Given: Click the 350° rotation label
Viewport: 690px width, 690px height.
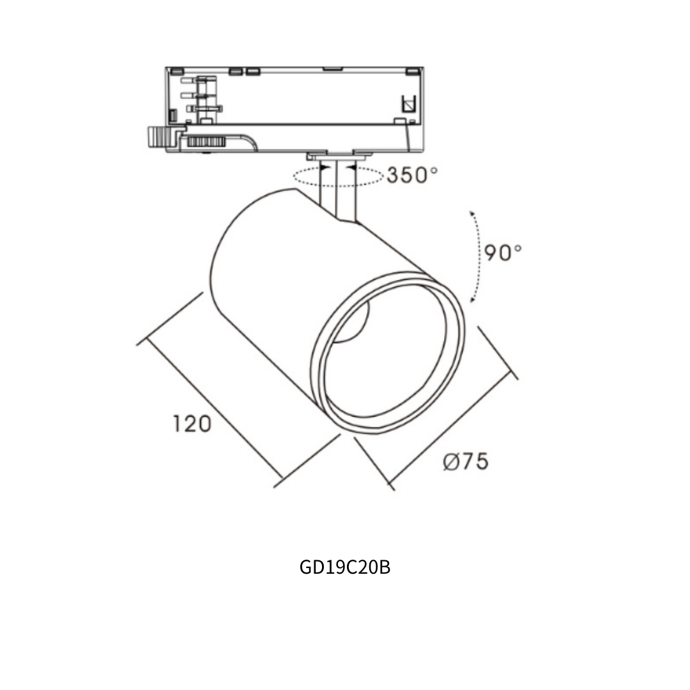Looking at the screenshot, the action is pos(412,175).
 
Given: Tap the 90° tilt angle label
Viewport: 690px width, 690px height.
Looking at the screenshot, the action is pos(503,252).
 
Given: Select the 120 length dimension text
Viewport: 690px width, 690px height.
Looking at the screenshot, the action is pos(192,424).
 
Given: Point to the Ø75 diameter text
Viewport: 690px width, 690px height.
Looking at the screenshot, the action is pos(466,461).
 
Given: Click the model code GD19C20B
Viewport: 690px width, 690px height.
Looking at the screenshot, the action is pos(344,567).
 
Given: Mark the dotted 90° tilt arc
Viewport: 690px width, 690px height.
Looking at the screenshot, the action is pos(477,257).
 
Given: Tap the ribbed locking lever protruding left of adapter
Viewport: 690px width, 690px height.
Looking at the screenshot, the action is pos(164,137).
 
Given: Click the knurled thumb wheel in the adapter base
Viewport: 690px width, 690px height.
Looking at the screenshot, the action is pos(206,142).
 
